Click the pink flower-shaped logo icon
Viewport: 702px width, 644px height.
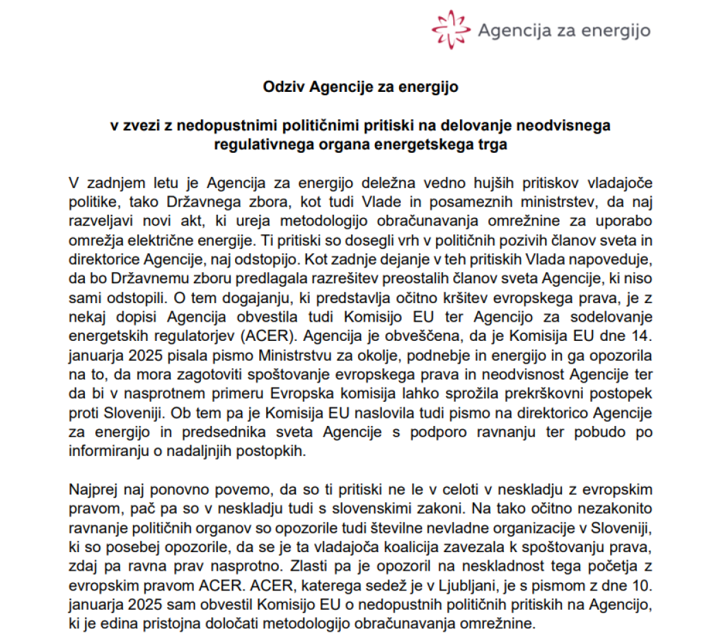[450, 28]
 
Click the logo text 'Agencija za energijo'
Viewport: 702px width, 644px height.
[564, 30]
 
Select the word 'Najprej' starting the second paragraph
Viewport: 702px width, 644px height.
[92, 490]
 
